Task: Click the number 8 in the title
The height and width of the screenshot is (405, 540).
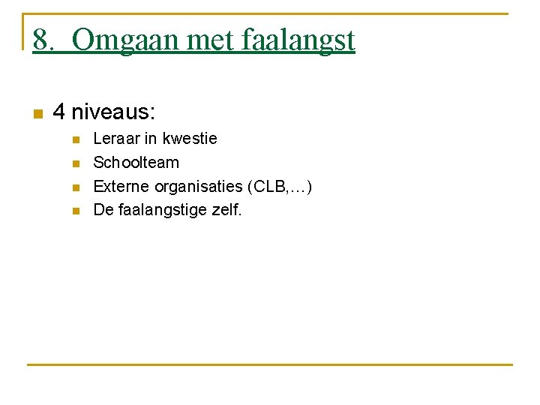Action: [x=41, y=40]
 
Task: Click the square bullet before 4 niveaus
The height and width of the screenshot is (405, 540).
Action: [x=37, y=114]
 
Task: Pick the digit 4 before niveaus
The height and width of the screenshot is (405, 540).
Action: [x=59, y=112]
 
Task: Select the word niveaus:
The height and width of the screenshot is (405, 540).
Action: [x=113, y=112]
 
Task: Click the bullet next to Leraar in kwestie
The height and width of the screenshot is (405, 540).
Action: [x=74, y=140]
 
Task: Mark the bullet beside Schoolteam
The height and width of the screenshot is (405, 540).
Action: [x=74, y=163]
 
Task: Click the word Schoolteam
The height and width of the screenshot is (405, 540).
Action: [x=136, y=163]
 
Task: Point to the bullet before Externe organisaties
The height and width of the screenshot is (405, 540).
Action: [x=74, y=187]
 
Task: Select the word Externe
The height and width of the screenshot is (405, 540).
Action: [x=121, y=186]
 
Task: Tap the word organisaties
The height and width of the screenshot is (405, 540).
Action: [x=199, y=187]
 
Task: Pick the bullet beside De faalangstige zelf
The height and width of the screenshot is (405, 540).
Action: [x=74, y=211]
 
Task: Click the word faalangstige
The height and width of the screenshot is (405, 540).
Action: [x=161, y=211]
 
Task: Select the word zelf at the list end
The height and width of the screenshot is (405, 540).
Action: [x=225, y=210]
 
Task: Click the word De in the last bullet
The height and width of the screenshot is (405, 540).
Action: [x=102, y=210]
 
